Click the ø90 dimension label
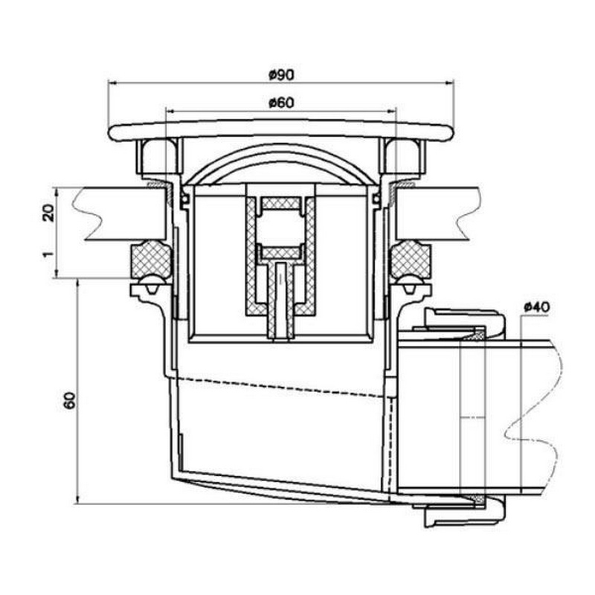[281, 75]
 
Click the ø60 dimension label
[281, 103]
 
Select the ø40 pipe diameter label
[536, 306]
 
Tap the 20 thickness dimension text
[48, 213]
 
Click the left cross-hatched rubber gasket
[150, 260]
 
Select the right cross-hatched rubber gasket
[411, 260]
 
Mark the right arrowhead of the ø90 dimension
[449, 82]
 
